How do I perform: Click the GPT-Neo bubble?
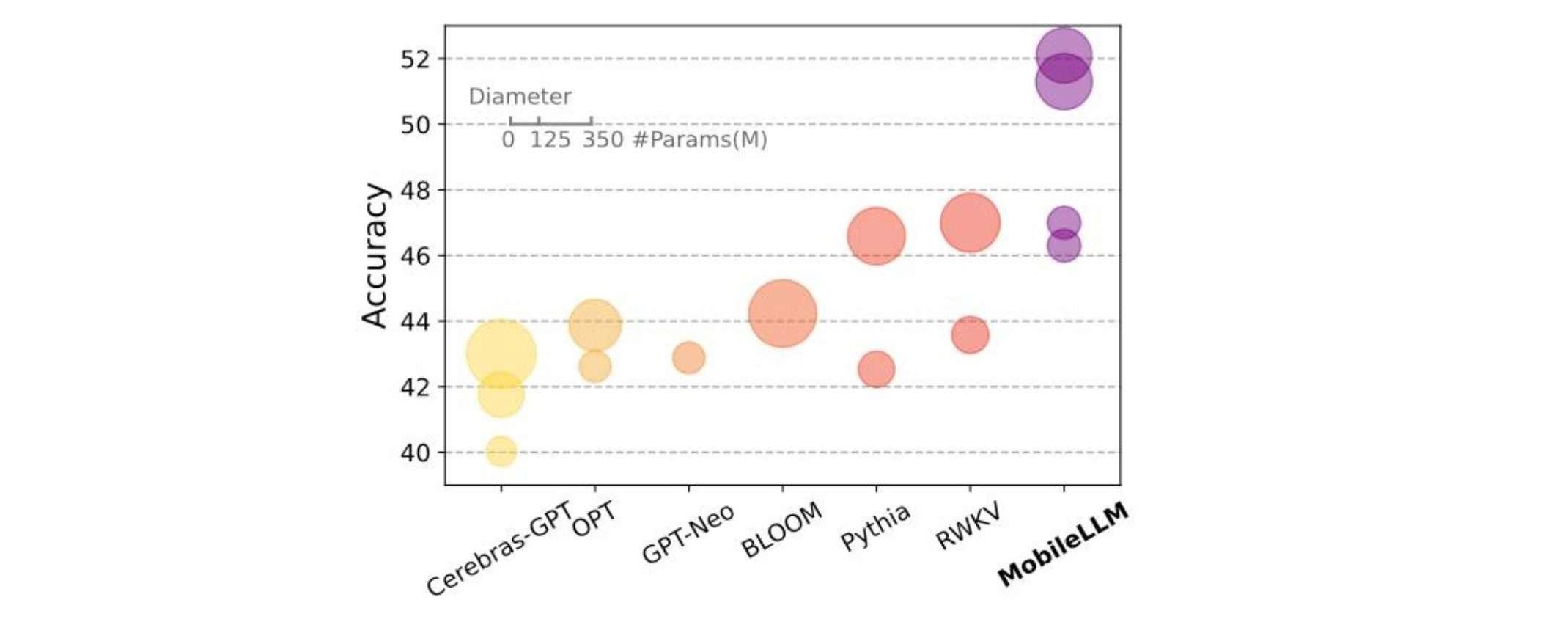pos(688,358)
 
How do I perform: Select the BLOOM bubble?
pos(782,313)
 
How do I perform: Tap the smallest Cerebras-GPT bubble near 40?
pos(501,451)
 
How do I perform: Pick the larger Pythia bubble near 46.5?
pos(876,236)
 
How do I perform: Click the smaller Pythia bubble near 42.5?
pos(876,369)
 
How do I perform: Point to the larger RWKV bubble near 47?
pos(970,223)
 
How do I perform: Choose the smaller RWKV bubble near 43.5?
pos(970,335)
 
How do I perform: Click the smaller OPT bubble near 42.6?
pos(594,367)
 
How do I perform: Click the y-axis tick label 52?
pos(415,59)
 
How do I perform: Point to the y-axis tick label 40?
pos(415,453)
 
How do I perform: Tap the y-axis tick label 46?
pos(415,256)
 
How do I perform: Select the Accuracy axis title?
pos(375,255)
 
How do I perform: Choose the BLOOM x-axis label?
pos(781,531)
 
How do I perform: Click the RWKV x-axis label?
pos(968,527)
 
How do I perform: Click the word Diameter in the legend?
pos(520,97)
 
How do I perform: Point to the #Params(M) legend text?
pos(699,139)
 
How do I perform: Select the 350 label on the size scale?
pos(603,139)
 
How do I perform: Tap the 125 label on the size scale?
pos(550,139)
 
